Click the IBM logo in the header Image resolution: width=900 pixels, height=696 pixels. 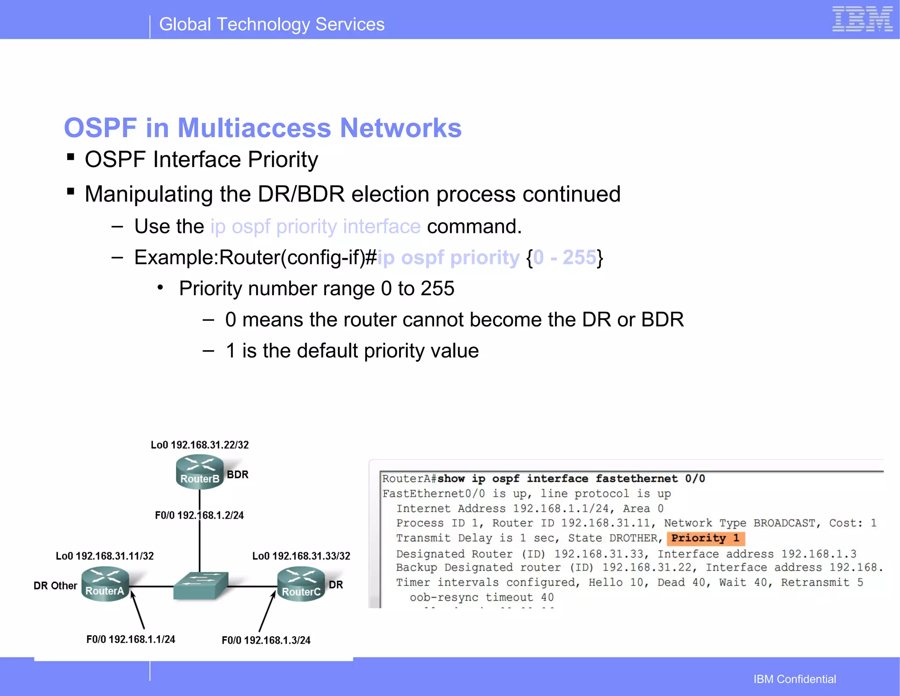pos(862,19)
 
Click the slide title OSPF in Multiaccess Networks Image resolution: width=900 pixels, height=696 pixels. pos(263,128)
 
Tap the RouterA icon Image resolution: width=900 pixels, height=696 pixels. pos(105,584)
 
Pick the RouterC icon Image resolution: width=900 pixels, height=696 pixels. pos(301,584)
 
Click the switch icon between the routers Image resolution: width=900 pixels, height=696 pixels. pos(201,586)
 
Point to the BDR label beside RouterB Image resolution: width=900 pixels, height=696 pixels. pos(238,475)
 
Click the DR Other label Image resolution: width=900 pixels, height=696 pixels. pos(55,586)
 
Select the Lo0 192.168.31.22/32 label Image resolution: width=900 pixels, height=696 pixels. pos(200,445)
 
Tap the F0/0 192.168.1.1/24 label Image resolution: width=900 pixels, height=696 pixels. pos(131,639)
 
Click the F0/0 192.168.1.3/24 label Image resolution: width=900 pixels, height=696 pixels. pos(266,640)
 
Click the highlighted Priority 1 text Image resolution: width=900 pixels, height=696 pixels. pos(705,538)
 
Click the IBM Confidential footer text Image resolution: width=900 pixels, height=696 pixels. pos(795,679)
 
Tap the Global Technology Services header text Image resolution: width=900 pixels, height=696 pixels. pos(272,25)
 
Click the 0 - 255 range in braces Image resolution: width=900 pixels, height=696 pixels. pos(565,257)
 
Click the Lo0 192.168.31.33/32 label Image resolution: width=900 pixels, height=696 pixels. pos(301,556)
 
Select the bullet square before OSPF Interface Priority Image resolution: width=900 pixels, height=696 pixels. pos(70,157)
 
